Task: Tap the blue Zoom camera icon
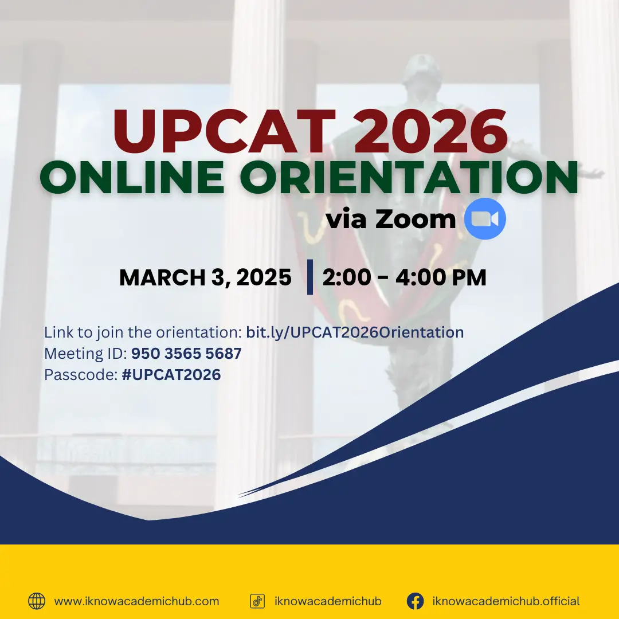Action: [x=485, y=218]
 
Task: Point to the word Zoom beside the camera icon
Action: [x=416, y=219]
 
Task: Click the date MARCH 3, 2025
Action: [x=205, y=278]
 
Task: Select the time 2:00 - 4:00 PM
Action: [x=404, y=278]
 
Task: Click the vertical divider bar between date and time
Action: [x=310, y=277]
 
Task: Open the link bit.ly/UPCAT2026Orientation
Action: [x=355, y=332]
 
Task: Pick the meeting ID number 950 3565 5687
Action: [x=186, y=354]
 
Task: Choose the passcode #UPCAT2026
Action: [x=171, y=375]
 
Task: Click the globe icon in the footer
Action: [x=37, y=601]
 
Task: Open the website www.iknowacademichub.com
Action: [x=136, y=601]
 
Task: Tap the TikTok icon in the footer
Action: [x=257, y=601]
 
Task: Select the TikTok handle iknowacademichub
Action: [x=328, y=601]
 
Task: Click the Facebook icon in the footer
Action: [x=415, y=601]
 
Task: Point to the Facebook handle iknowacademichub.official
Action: [x=506, y=601]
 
